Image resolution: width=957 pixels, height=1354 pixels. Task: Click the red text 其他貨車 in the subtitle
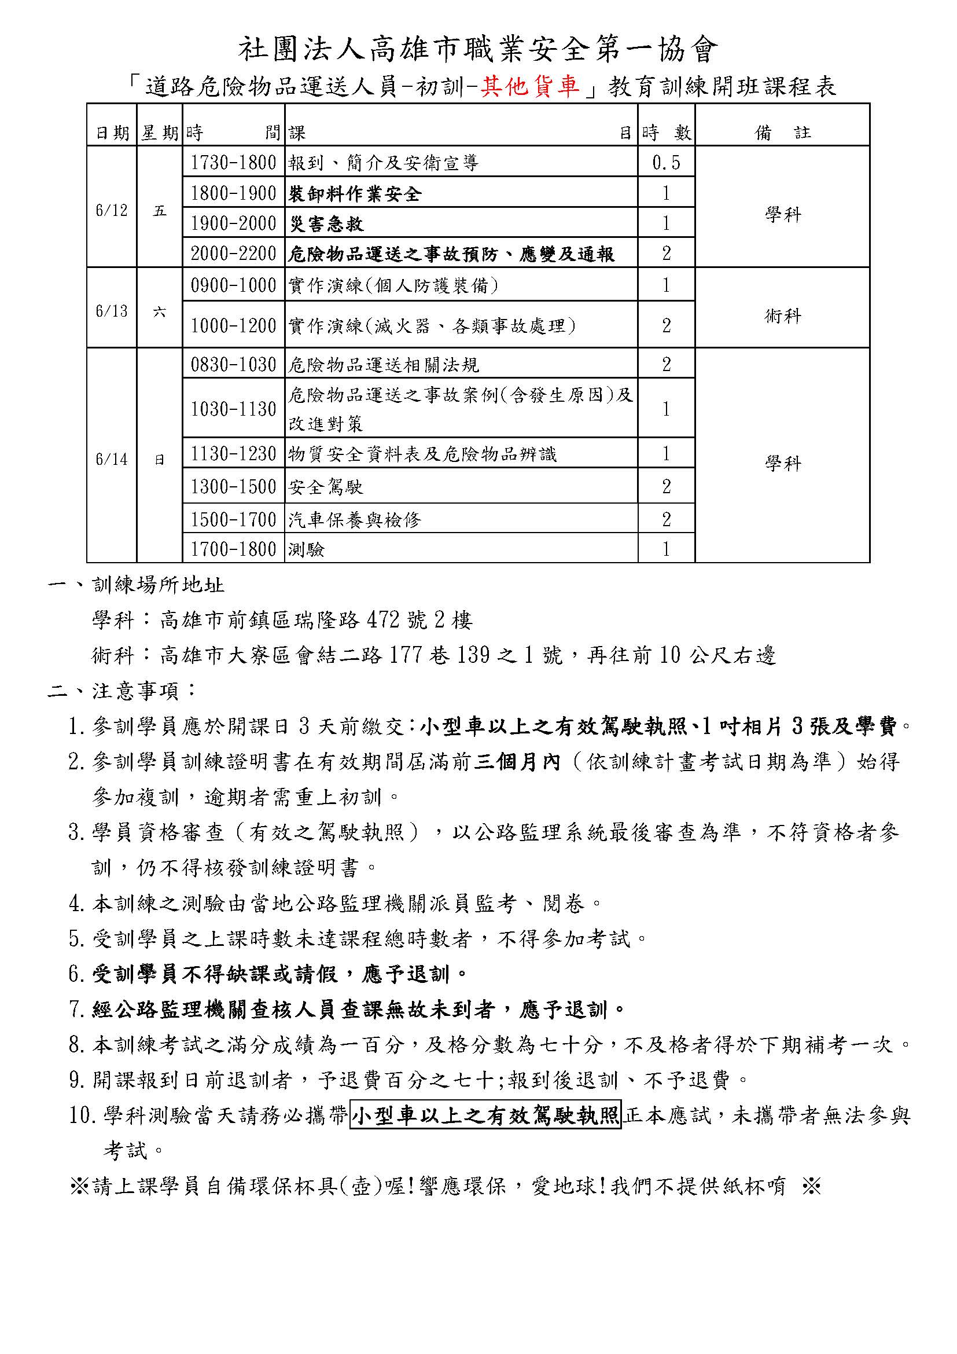click(x=531, y=87)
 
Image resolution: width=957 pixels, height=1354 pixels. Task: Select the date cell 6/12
click(x=111, y=211)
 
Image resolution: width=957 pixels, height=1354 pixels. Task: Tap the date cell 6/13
click(x=111, y=311)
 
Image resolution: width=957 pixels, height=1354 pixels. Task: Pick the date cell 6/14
click(x=111, y=459)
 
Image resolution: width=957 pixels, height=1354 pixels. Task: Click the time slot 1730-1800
click(x=233, y=163)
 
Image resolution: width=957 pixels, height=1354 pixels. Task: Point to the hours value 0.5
click(x=666, y=163)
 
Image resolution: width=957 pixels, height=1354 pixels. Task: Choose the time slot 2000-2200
click(x=233, y=254)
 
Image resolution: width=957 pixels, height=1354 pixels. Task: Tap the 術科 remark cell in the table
click(x=783, y=316)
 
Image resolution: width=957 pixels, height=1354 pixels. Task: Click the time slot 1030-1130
click(x=233, y=409)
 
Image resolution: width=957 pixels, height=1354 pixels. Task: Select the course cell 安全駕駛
click(x=326, y=487)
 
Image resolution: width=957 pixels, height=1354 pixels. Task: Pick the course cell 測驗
click(x=307, y=549)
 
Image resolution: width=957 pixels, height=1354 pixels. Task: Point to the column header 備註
click(x=783, y=133)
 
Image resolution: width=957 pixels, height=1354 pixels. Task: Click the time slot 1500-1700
click(x=233, y=519)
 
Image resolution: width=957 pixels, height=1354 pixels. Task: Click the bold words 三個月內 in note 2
click(x=517, y=762)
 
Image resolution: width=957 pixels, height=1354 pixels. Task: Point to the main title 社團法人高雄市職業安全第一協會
click(x=478, y=49)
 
